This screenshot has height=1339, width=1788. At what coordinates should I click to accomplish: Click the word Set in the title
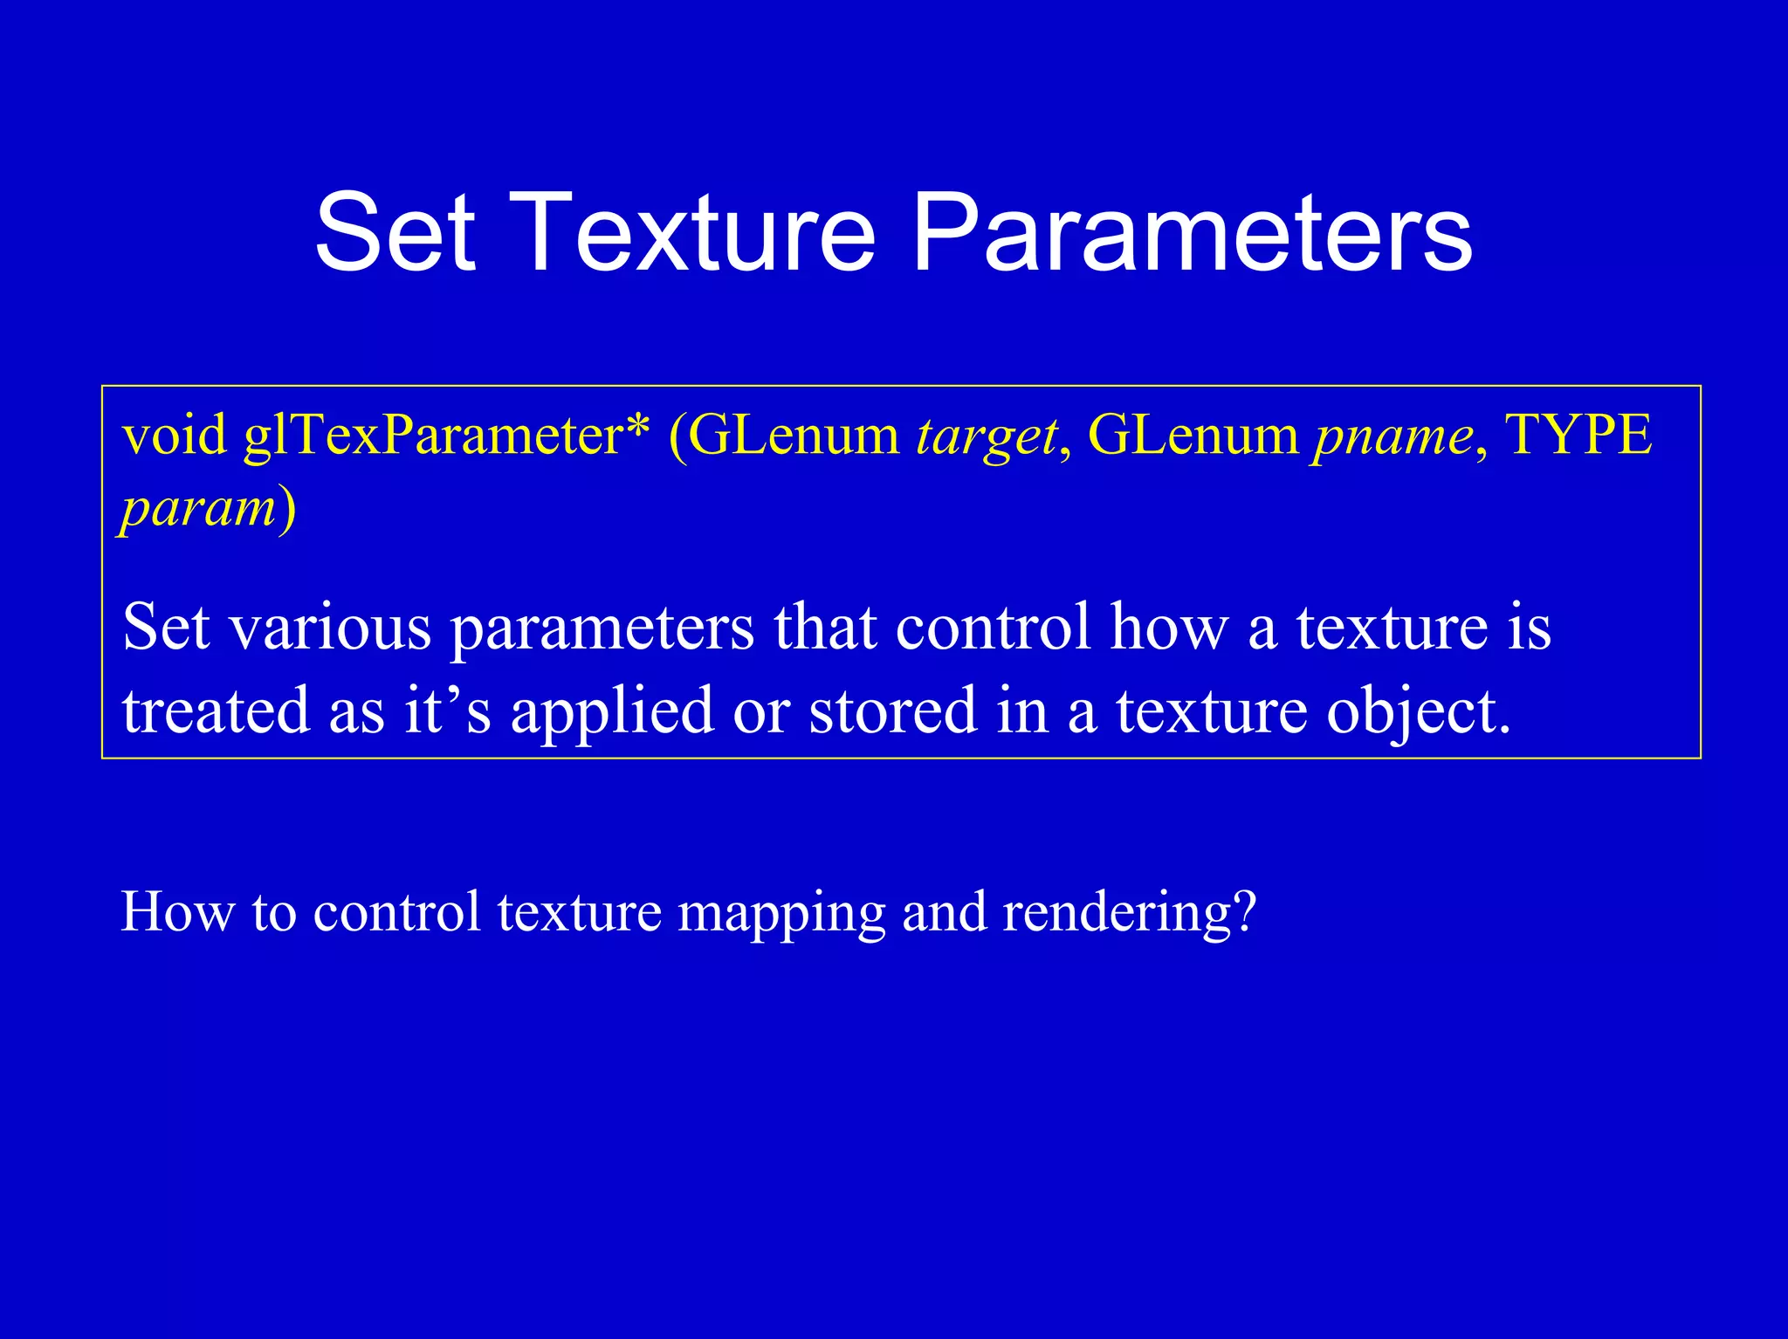(x=395, y=234)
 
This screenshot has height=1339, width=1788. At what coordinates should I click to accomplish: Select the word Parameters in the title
(x=1192, y=234)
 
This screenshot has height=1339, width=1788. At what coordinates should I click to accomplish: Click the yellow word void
(x=175, y=435)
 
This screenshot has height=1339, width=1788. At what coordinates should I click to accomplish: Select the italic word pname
(x=1393, y=435)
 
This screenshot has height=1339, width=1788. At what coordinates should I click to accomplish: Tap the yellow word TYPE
(x=1578, y=434)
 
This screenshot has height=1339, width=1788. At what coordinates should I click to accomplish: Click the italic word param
(x=199, y=509)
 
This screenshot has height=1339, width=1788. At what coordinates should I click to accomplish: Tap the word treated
(x=216, y=710)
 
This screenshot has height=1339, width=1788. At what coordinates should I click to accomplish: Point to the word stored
(x=892, y=710)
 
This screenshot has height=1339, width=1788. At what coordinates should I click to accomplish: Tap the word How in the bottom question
(x=178, y=912)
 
